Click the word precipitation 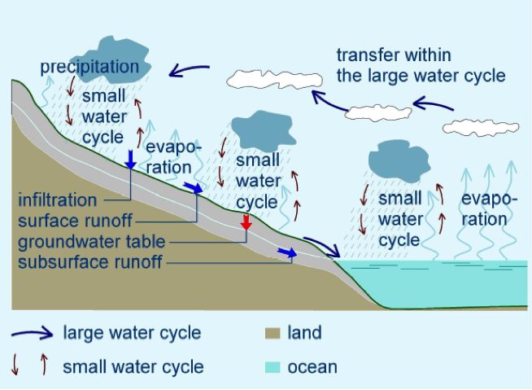pos(89,67)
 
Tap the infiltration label pos(57,199)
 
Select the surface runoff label pos(75,221)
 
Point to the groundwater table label pos(92,242)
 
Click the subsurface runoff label pos(90,262)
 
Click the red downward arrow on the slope pos(246,222)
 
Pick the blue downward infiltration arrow pos(130,160)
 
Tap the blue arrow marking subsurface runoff pos(287,252)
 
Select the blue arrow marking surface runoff pos(194,187)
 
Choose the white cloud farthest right pos(481,128)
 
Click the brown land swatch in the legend pos(273,333)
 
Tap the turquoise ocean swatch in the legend pos(273,367)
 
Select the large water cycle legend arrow pos(33,333)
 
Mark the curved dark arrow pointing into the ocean pos(322,247)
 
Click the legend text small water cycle pos(133,367)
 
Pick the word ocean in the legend pos(312,367)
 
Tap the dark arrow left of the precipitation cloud pos(189,70)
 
